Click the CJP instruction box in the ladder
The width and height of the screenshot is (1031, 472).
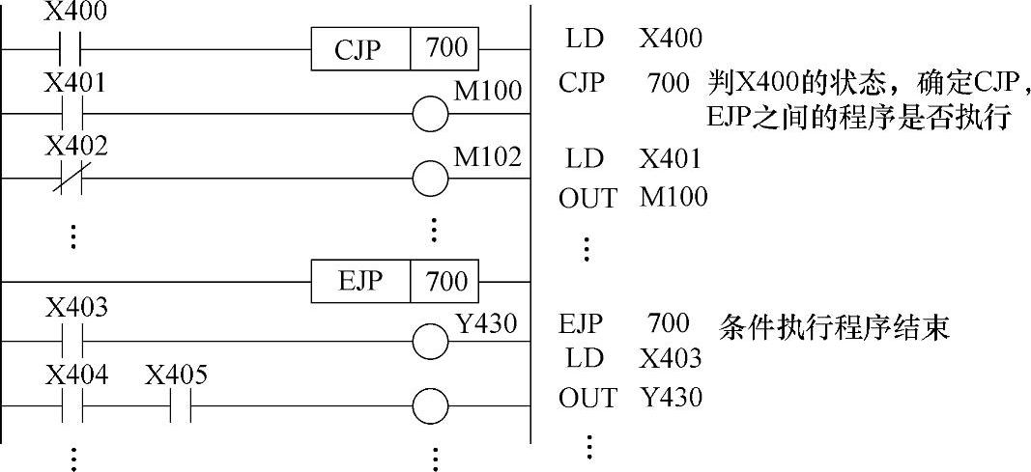click(x=395, y=48)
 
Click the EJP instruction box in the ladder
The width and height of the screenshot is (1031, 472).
click(x=395, y=282)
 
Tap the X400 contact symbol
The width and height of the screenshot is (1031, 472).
click(x=72, y=47)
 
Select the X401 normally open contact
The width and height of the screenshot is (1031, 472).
click(x=72, y=115)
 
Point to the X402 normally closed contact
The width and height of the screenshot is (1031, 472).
click(x=72, y=178)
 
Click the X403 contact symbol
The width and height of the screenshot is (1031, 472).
click(x=72, y=341)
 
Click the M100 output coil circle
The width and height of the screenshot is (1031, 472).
click(x=430, y=115)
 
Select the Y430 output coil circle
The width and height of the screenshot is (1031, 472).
click(x=430, y=341)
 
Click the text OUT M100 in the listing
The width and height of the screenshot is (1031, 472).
click(x=633, y=198)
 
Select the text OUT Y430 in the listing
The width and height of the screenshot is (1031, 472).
click(x=630, y=397)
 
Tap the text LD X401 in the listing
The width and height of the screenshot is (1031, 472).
click(x=630, y=156)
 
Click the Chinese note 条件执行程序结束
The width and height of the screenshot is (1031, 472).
click(x=834, y=326)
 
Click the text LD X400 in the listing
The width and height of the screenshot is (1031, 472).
click(x=630, y=39)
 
